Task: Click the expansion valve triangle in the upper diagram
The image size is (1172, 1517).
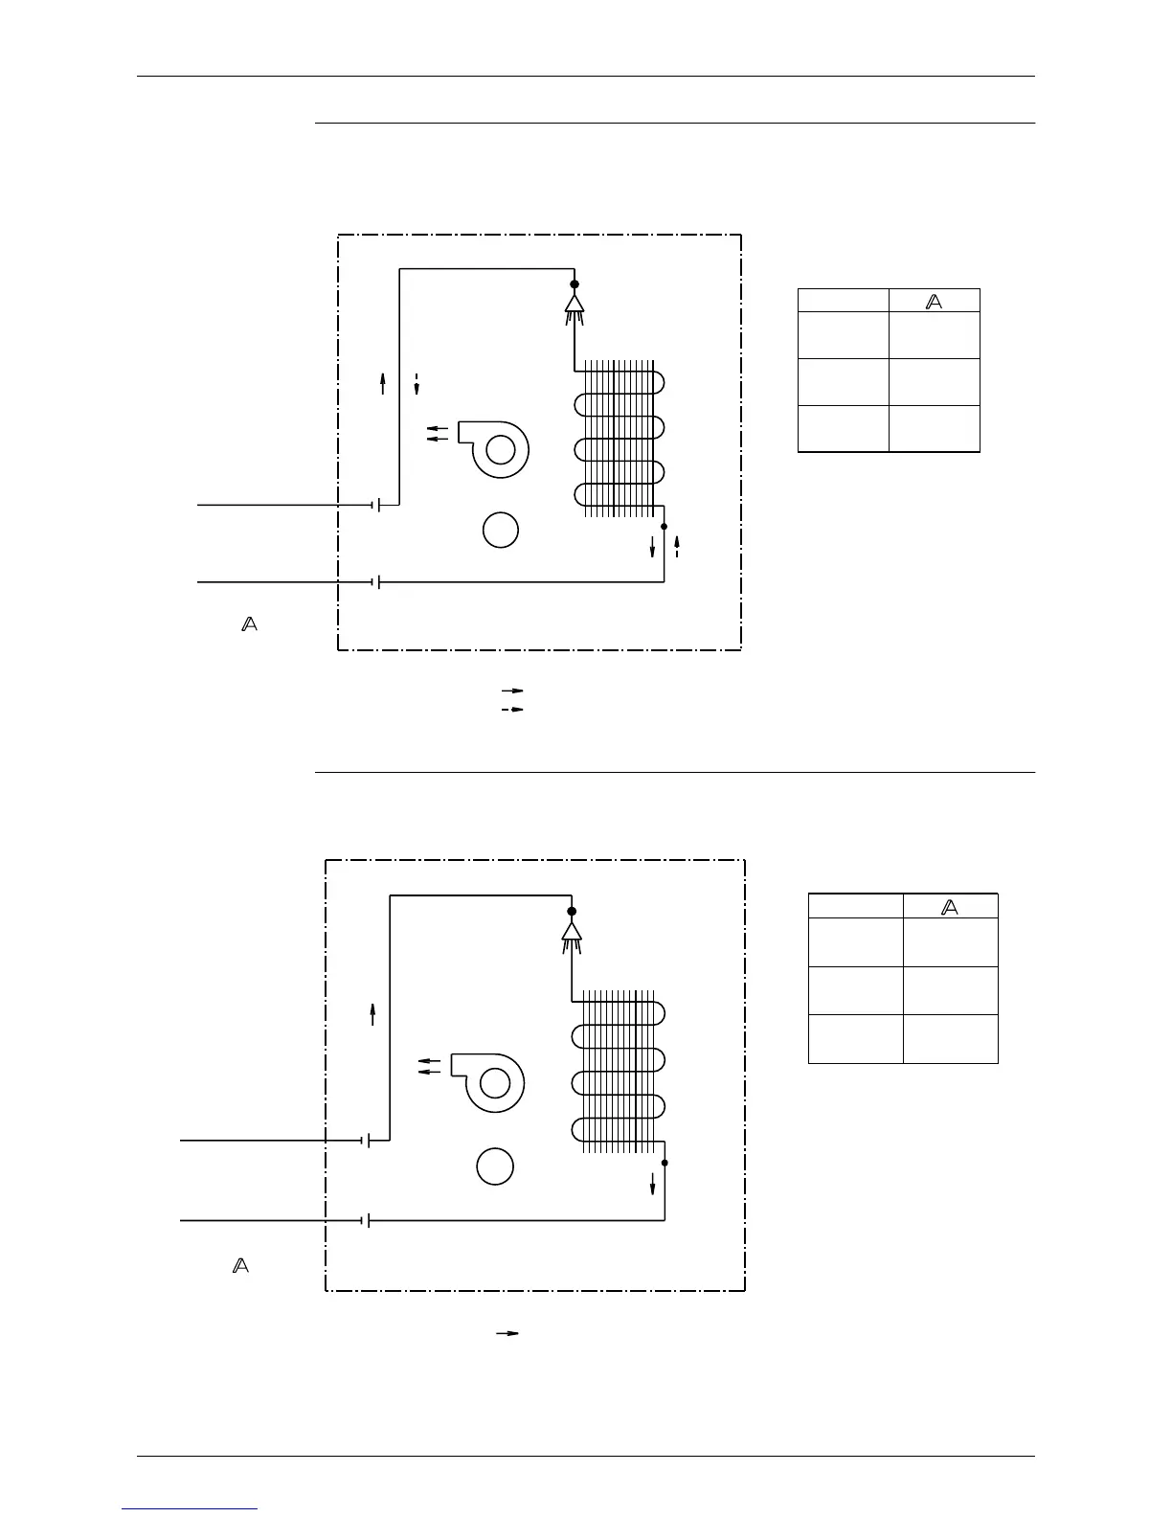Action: coord(575,303)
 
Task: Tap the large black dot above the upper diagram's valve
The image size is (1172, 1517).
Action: coord(575,283)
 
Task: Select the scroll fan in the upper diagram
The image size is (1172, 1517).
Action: coord(496,448)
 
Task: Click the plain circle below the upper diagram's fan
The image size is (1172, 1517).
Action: coord(500,530)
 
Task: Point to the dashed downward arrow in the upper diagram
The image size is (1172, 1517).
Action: coord(417,383)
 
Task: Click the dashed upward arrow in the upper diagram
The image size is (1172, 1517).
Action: coord(677,546)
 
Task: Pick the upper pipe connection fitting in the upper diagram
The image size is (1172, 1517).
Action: coord(376,504)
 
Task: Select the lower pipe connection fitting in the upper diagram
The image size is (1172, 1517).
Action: coord(376,581)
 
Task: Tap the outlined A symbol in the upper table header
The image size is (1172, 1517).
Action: coord(935,301)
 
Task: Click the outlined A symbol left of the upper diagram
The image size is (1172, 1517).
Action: coord(249,624)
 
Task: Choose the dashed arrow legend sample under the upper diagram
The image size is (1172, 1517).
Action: coord(513,709)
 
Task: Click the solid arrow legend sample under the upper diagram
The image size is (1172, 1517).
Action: coord(513,690)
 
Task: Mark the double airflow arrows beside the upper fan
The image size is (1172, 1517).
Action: coord(437,434)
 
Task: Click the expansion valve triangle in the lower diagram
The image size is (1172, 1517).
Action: coord(572,930)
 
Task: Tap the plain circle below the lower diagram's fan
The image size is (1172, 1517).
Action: coord(495,1166)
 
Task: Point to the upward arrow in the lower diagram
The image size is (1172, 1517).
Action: coord(372,1014)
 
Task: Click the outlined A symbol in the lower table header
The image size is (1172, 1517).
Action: coord(950,907)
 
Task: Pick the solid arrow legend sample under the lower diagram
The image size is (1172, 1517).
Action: coord(507,1332)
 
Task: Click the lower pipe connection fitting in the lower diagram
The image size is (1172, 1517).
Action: coord(366,1220)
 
